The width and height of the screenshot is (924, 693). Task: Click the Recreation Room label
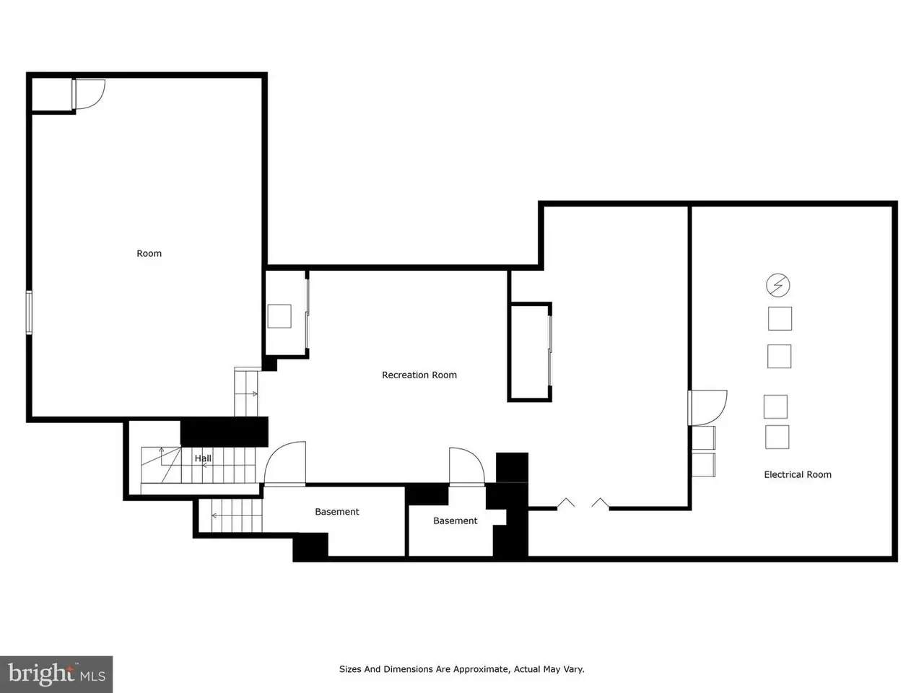419,375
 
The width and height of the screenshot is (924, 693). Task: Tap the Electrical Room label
797,474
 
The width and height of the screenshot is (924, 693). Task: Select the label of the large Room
149,253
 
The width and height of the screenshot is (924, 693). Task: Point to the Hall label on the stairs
203,458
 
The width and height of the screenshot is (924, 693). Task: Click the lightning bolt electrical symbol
777,285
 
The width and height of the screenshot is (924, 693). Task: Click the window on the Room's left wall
29,313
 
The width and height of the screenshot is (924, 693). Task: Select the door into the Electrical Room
707,408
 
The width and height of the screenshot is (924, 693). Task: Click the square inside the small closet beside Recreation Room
279,316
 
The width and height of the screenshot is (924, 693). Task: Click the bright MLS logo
56,674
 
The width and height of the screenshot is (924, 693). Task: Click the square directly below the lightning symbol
780,318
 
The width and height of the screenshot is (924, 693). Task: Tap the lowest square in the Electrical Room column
777,437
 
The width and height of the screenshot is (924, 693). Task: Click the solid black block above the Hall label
225,432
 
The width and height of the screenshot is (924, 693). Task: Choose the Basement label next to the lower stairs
337,512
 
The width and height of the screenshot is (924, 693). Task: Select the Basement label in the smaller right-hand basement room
455,520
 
